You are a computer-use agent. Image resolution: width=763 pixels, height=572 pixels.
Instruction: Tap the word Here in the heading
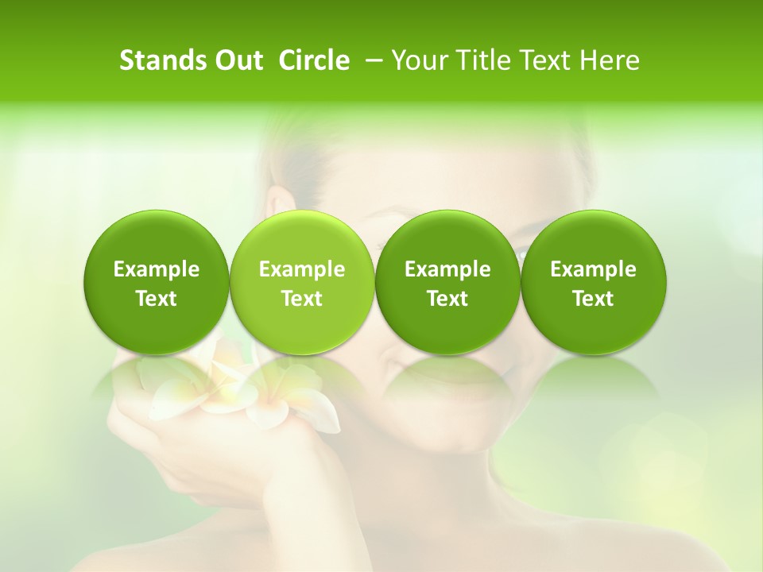(610, 60)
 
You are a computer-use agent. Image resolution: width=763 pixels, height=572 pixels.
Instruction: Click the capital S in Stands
(126, 60)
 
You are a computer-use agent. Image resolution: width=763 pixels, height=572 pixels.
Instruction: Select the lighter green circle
(301, 283)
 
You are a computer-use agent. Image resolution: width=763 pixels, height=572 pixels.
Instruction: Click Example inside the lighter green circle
(302, 269)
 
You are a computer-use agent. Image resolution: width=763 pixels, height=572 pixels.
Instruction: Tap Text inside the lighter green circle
(302, 299)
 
